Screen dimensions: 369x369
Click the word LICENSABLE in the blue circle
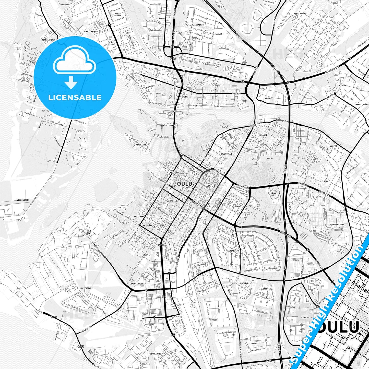75,97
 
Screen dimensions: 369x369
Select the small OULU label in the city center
184,184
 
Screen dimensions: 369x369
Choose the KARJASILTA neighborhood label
233,251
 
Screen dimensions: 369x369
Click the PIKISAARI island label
141,145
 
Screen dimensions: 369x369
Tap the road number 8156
173,58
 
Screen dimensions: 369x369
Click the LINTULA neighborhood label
253,343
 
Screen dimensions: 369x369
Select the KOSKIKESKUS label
169,126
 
